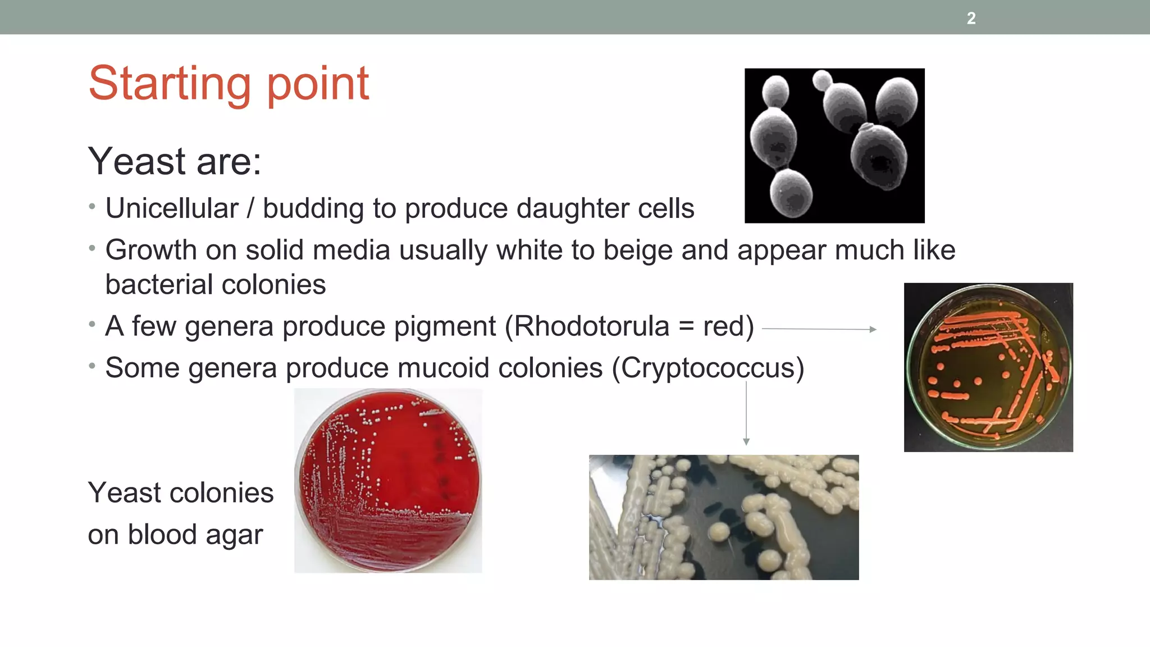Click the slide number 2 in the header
tap(971, 19)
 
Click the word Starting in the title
tap(169, 84)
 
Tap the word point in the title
tap(317, 84)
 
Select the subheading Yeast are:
tap(175, 162)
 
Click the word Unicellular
tap(172, 208)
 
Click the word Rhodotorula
tap(592, 326)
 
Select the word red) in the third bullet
tap(728, 326)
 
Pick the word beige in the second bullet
tap(637, 250)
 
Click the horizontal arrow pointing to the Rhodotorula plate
tap(819, 329)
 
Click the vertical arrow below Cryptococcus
tap(746, 413)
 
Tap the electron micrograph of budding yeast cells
tap(834, 145)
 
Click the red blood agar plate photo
tap(388, 481)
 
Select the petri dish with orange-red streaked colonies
tap(988, 367)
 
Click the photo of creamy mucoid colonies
tap(723, 517)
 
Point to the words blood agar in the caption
tap(195, 535)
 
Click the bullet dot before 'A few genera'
tap(92, 324)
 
